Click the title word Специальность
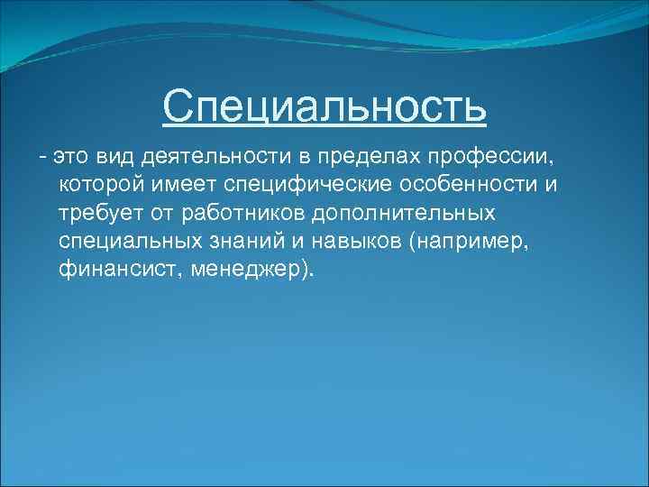(x=324, y=107)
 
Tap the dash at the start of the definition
(x=41, y=158)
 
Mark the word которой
(x=102, y=186)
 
